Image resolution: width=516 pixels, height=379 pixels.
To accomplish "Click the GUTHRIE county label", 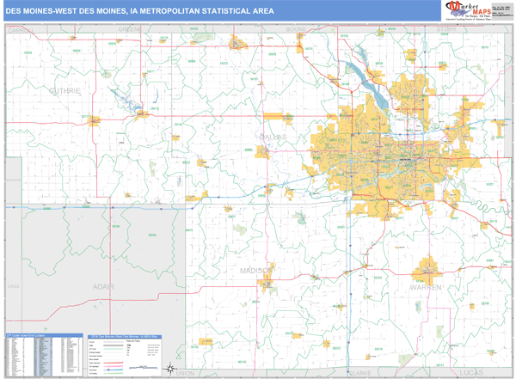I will [64, 90].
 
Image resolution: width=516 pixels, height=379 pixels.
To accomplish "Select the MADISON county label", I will [257, 271].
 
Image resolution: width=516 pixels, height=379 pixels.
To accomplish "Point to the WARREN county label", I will [425, 286].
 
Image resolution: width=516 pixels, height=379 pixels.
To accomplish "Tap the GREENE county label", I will [130, 29].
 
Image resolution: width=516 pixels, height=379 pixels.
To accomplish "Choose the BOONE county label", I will [296, 29].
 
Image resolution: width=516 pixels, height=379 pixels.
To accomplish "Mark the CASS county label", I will [12, 284].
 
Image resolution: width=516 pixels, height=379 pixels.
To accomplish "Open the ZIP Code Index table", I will [43, 352].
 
